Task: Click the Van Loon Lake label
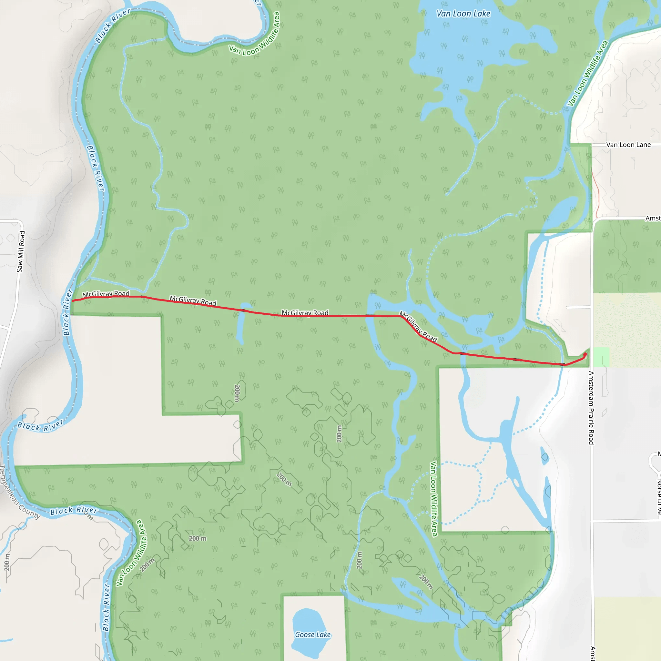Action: click(x=463, y=14)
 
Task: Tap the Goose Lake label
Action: click(x=313, y=635)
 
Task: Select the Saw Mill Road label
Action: click(x=21, y=251)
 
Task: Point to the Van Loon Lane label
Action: click(x=628, y=145)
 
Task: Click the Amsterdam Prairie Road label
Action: click(x=591, y=408)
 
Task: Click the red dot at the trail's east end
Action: click(x=585, y=354)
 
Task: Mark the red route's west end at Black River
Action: click(x=73, y=301)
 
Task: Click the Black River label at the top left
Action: click(x=113, y=26)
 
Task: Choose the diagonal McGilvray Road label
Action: click(x=418, y=326)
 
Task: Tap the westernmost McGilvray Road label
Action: click(x=106, y=294)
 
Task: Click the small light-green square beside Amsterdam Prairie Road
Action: click(x=601, y=357)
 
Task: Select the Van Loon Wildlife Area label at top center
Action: click(x=255, y=34)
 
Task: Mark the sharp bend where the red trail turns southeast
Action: click(x=401, y=317)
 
